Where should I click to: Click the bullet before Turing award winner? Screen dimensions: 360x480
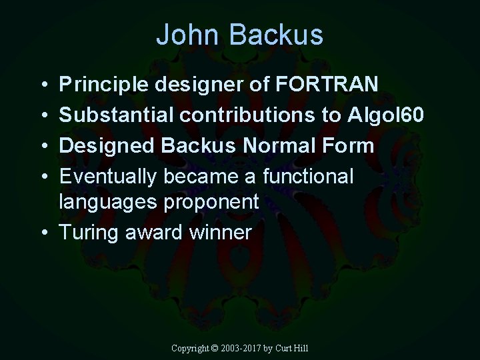[43, 233]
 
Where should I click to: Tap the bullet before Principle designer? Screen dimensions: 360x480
[43, 85]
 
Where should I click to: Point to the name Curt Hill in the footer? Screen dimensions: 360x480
[294, 348]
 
